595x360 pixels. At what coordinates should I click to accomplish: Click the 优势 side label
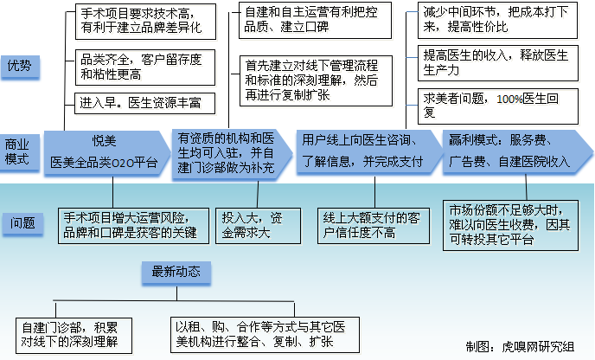pos(20,67)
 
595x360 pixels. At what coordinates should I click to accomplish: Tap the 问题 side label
pos(22,223)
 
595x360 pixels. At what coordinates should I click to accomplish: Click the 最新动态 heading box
pos(176,272)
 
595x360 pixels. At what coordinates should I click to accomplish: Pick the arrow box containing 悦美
pos(106,152)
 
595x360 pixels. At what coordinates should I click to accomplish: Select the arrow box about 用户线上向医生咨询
pos(368,151)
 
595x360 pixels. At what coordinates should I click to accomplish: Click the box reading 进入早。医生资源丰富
pos(145,103)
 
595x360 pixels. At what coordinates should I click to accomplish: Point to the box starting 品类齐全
pos(145,67)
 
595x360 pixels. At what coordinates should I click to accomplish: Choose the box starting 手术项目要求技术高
pos(145,22)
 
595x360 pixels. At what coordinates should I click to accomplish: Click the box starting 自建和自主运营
pos(315,20)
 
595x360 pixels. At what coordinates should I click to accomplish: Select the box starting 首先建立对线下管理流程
pos(317,80)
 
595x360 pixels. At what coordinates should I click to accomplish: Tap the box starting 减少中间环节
pos(497,20)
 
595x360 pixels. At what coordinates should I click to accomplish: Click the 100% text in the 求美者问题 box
pos(509,100)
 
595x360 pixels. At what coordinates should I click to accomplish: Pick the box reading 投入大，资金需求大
pos(258,226)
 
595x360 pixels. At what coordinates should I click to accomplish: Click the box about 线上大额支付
pos(374,226)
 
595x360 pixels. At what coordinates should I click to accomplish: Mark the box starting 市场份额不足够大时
pos(511,225)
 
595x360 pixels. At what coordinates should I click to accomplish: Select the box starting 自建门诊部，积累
pos(74,336)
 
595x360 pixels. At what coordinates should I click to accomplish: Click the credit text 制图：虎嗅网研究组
pos(520,346)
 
